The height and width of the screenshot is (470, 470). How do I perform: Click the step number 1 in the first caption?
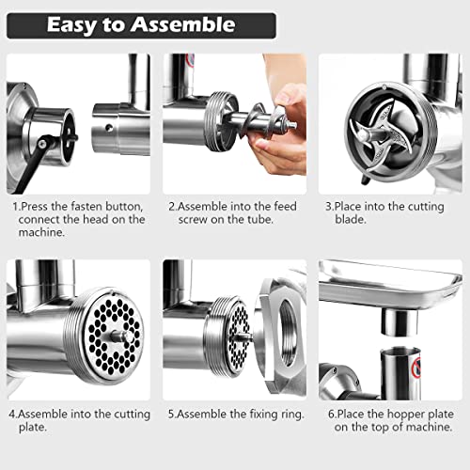click(15, 205)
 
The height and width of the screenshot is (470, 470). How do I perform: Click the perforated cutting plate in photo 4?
click(106, 329)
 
